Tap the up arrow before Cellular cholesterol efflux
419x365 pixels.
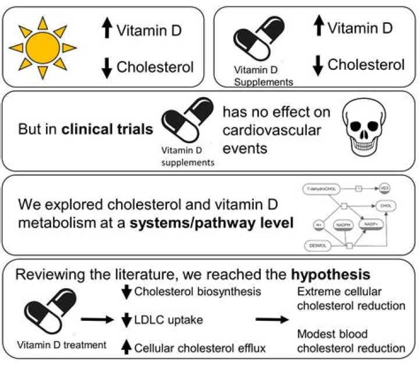pos(125,348)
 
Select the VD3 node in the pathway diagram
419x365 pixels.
pos(385,189)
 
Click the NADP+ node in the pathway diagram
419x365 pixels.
pos(371,224)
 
